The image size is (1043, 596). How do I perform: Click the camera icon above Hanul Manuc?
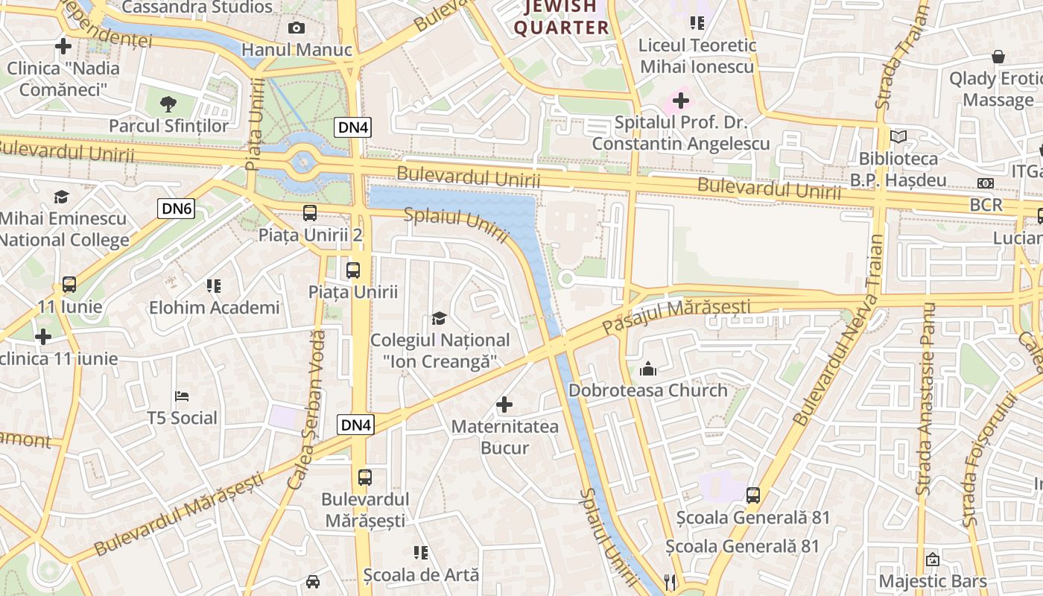tap(297, 28)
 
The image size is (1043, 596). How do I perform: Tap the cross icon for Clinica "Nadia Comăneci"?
tap(63, 46)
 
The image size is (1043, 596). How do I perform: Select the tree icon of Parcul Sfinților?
tap(169, 104)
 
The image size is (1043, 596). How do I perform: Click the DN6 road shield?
tap(177, 209)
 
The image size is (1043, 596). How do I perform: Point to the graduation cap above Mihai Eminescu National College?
tap(61, 197)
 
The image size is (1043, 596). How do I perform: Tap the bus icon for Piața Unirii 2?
tap(310, 213)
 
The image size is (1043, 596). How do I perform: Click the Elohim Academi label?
tap(214, 307)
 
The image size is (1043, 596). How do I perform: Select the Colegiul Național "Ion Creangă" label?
tap(440, 350)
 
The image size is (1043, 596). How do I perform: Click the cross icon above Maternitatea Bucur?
tap(504, 405)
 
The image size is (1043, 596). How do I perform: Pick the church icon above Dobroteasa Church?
tap(648, 369)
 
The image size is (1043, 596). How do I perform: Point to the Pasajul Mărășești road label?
tap(676, 316)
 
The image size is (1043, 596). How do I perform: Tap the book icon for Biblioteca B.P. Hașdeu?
tap(898, 137)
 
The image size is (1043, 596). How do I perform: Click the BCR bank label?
tap(986, 204)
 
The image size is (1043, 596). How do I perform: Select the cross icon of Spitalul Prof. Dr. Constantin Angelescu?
tap(680, 99)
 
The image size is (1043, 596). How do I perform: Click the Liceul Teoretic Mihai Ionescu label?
tap(697, 56)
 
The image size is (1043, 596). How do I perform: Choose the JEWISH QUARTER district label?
tap(562, 18)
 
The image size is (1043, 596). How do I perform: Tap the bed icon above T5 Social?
tap(182, 396)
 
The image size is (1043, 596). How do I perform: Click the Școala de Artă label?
tap(421, 575)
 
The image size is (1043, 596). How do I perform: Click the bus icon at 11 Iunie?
tap(69, 284)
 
